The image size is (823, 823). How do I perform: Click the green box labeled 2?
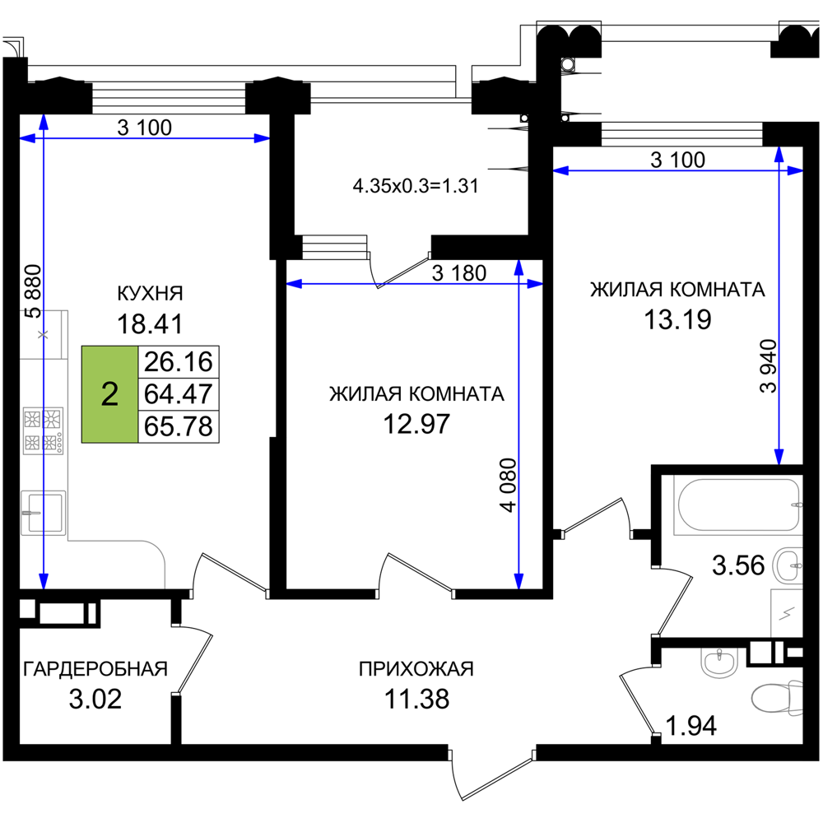tap(109, 394)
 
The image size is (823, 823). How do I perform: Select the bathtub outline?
tap(736, 506)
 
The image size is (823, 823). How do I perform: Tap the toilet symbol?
tap(775, 698)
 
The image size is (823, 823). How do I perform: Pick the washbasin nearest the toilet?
tap(719, 663)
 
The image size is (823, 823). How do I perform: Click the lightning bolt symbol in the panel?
tap(787, 613)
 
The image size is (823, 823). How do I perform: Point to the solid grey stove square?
tap(43, 430)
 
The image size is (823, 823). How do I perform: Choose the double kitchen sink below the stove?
tap(43, 512)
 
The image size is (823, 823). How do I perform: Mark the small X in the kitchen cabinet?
tap(43, 334)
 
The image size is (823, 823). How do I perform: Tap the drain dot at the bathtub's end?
tap(795, 504)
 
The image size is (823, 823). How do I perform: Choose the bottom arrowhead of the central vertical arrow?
tap(518, 584)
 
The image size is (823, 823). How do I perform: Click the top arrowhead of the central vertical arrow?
tap(518, 264)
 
